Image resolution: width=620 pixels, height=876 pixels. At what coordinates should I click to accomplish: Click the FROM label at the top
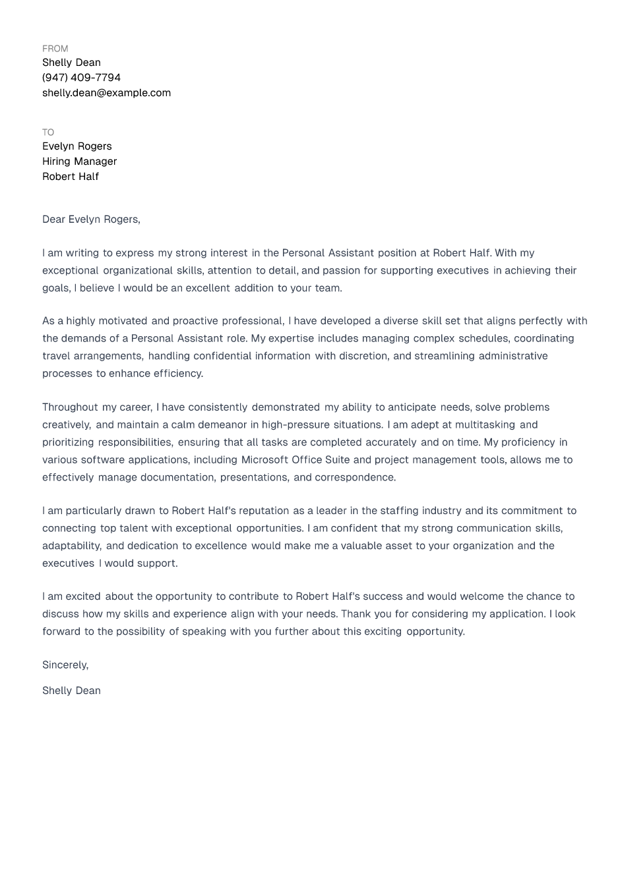pyautogui.click(x=55, y=49)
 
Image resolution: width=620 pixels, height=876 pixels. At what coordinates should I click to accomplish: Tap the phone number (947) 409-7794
pyautogui.click(x=81, y=78)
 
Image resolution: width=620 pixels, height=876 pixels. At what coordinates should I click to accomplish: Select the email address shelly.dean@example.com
pyautogui.click(x=106, y=93)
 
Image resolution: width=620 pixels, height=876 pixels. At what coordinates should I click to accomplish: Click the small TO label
pyautogui.click(x=48, y=132)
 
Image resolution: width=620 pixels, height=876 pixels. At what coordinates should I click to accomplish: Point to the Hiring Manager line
pyautogui.click(x=79, y=161)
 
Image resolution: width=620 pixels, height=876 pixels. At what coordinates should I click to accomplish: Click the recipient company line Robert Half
pyautogui.click(x=71, y=177)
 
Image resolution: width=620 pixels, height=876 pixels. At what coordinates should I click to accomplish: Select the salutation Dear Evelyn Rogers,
pyautogui.click(x=91, y=219)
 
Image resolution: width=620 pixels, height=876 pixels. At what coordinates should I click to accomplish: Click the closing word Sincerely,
pyautogui.click(x=65, y=665)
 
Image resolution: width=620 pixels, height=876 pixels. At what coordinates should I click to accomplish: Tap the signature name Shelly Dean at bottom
pyautogui.click(x=71, y=691)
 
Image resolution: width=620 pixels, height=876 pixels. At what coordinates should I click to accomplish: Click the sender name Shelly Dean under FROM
pyautogui.click(x=71, y=63)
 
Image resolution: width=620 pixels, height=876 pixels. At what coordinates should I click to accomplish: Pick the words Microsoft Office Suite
pyautogui.click(x=295, y=460)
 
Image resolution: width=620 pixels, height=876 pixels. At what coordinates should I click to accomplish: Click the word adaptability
pyautogui.click(x=72, y=546)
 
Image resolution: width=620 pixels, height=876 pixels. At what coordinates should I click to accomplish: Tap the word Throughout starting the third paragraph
pyautogui.click(x=70, y=407)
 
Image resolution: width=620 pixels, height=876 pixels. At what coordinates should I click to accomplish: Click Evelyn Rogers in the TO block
pyautogui.click(x=77, y=146)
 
